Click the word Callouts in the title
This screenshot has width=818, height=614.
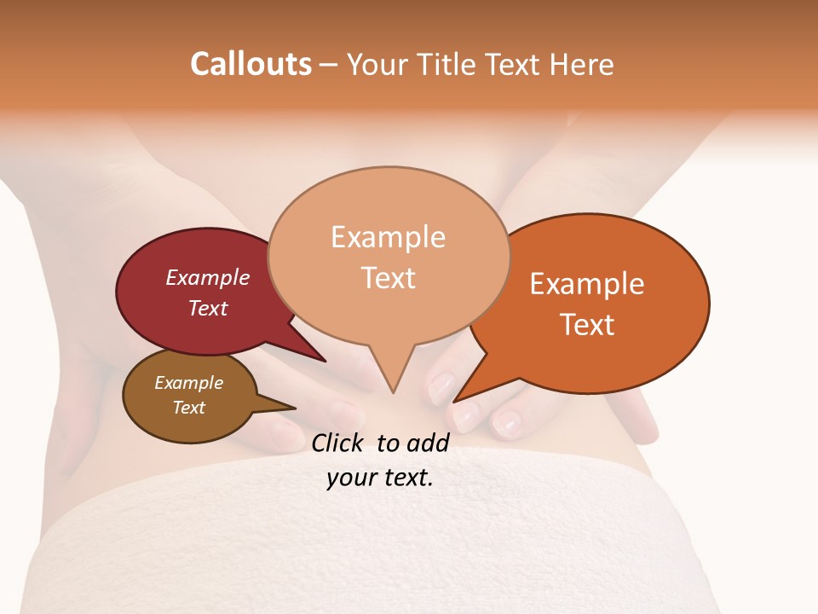[251, 64]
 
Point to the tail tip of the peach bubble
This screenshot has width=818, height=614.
[393, 391]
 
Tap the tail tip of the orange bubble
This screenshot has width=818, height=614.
[454, 401]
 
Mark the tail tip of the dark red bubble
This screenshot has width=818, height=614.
[324, 361]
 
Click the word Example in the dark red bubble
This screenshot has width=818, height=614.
[208, 277]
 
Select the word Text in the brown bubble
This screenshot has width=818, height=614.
[189, 408]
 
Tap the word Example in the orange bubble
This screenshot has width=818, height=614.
[587, 284]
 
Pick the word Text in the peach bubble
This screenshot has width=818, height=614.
[389, 278]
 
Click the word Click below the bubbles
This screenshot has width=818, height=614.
[338, 443]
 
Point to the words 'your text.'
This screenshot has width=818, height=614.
[380, 478]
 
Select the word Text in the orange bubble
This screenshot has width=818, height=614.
[588, 324]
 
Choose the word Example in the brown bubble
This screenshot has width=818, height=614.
[189, 383]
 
